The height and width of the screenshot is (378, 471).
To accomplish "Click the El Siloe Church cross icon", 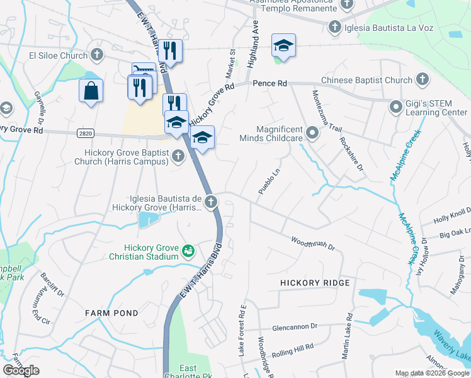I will click(97, 55).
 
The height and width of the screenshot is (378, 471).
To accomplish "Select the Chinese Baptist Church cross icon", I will click(422, 80).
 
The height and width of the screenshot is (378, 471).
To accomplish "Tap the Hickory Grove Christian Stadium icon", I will click(188, 252).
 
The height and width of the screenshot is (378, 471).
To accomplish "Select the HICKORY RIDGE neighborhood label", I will click(315, 283).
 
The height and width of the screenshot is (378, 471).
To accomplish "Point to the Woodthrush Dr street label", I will click(313, 243).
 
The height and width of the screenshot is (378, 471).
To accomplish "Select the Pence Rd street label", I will click(270, 83).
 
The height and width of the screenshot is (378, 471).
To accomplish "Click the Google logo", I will click(21, 370).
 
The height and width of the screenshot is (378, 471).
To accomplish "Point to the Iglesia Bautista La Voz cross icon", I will click(335, 26).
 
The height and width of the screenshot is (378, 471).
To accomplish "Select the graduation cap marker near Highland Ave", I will click(283, 45).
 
